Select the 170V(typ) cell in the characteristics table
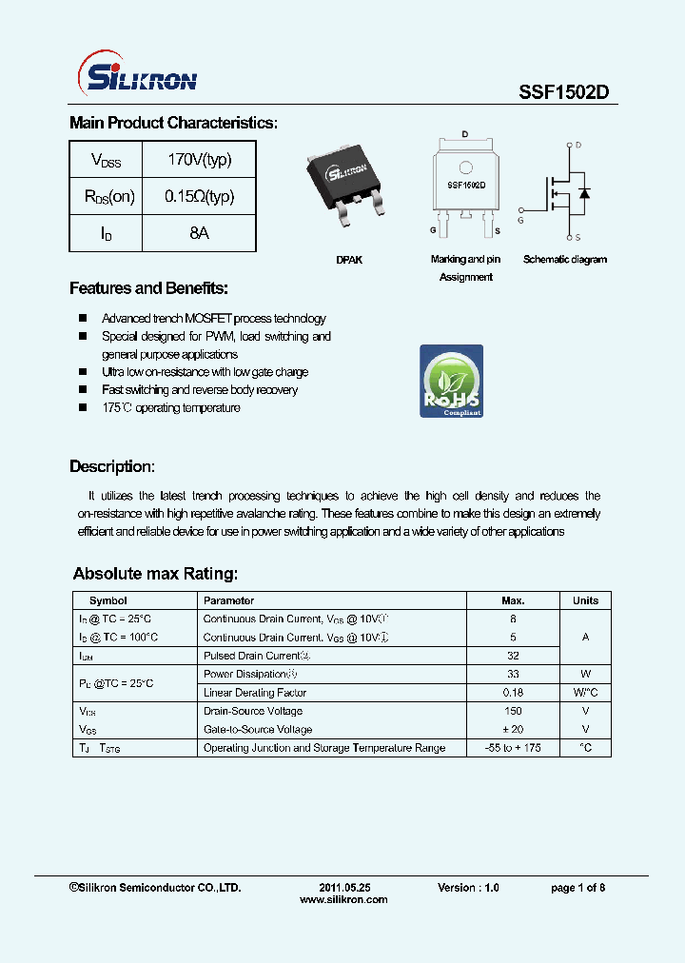point(199,160)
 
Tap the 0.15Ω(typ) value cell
point(199,197)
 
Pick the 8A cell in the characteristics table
point(199,233)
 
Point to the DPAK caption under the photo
point(349,260)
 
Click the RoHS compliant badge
point(451,381)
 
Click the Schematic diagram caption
point(564,260)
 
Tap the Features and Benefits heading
point(148,288)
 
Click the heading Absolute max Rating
point(155,574)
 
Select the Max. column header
point(513,600)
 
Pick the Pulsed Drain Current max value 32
point(513,656)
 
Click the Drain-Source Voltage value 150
point(513,711)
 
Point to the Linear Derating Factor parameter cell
point(255,693)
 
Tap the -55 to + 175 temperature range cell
point(513,748)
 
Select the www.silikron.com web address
point(343,900)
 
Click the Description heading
point(111,467)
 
